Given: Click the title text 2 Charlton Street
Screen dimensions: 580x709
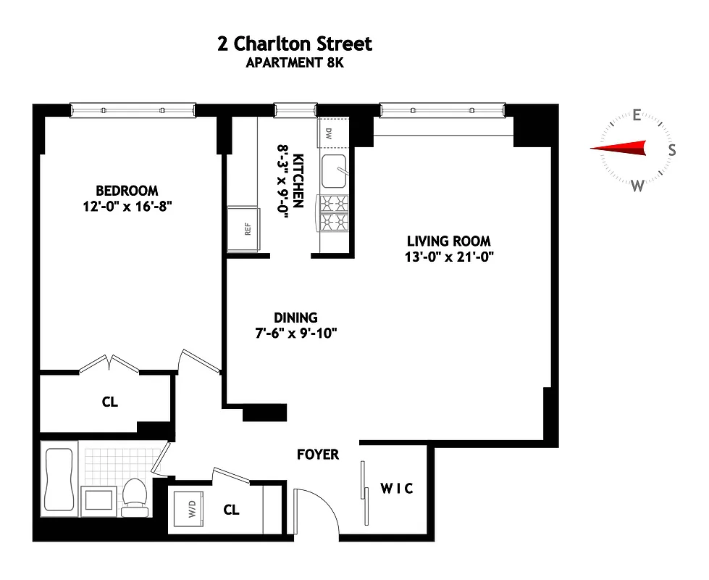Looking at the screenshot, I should [294, 43].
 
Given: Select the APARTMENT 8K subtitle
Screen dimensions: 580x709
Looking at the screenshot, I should [294, 62].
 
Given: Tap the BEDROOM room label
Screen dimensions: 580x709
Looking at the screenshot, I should [127, 191].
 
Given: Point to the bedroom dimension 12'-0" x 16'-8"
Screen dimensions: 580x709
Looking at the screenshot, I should [127, 206].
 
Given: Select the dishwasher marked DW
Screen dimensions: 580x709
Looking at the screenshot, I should [330, 133].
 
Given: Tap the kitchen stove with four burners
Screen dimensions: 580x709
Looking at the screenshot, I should [334, 213].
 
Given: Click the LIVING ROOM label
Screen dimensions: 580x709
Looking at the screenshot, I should [448, 241].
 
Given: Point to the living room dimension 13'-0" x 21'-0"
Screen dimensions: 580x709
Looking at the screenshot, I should [448, 256].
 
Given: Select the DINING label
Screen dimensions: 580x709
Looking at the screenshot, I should [295, 318].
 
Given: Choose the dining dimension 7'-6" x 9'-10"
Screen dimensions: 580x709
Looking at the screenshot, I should [295, 333].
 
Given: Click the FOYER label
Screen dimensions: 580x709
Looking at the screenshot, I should [318, 455].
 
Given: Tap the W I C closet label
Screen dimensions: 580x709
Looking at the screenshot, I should [398, 489].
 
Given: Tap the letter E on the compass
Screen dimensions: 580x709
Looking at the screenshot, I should [637, 115].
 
